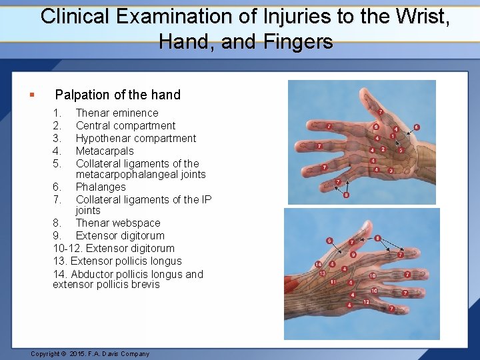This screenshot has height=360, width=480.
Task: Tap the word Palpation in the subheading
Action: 83,95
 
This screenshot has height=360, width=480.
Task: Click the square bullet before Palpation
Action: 32,95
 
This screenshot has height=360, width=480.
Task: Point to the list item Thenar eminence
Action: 117,113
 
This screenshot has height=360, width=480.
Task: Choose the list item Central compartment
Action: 125,125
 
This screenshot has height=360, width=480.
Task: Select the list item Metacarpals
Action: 105,151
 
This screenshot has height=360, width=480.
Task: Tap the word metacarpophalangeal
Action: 141,175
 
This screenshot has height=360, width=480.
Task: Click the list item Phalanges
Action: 101,187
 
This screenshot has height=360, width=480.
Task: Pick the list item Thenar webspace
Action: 118,223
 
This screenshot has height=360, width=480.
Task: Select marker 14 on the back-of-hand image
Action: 318,265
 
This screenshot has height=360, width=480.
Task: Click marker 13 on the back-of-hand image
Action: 322,273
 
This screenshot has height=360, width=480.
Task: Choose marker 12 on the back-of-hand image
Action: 366,302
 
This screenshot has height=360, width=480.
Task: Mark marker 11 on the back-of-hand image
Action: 332,282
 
